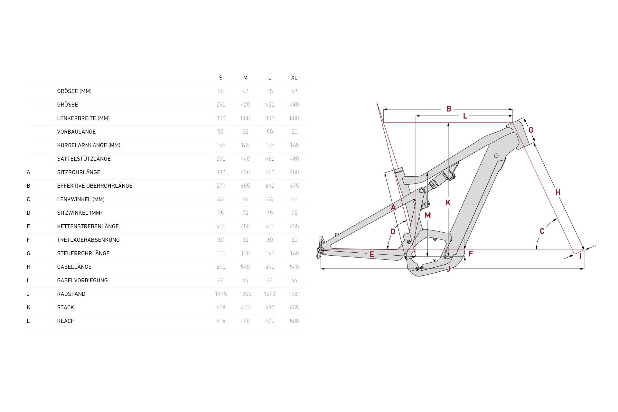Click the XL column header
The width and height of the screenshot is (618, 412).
click(x=294, y=78)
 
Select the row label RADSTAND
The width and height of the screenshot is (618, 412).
click(x=71, y=294)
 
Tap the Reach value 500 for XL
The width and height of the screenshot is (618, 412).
click(x=294, y=321)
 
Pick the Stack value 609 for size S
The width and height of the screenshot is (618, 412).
click(x=221, y=307)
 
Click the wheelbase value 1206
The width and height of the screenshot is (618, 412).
click(x=245, y=294)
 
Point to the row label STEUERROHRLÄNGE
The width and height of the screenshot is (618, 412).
click(x=83, y=253)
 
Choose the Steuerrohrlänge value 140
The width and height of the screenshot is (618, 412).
click(x=270, y=253)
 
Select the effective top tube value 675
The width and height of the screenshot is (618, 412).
click(x=294, y=186)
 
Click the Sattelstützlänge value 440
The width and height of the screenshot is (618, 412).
click(x=245, y=159)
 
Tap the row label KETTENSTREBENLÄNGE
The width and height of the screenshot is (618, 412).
click(x=88, y=226)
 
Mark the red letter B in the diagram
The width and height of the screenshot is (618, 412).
click(x=449, y=109)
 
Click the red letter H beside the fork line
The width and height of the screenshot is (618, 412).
click(x=558, y=192)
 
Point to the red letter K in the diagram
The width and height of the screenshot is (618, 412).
click(x=448, y=203)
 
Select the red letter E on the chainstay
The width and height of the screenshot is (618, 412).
click(x=372, y=255)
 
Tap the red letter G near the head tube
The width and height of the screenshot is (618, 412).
click(x=531, y=130)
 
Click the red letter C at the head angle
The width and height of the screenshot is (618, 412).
click(x=542, y=231)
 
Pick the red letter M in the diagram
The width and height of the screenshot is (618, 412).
click(x=427, y=215)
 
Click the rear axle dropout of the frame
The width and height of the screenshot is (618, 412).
click(x=321, y=250)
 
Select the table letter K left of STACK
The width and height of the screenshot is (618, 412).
click(x=28, y=307)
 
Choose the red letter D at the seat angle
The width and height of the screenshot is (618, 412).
click(x=393, y=232)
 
